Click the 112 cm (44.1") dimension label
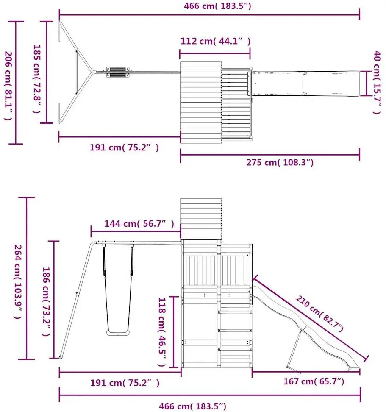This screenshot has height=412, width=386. [x=215, y=41]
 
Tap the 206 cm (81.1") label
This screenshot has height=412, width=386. [x=8, y=86]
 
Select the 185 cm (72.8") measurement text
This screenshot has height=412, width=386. [x=36, y=79]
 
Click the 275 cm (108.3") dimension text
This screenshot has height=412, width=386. [x=280, y=162]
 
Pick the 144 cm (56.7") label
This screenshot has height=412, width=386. [x=139, y=224]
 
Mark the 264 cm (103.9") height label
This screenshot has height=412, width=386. [x=18, y=282]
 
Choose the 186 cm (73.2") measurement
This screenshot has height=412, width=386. [x=46, y=302]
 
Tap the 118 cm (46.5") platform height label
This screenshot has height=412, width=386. [x=161, y=332]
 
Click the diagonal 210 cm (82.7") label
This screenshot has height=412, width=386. [x=319, y=314]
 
